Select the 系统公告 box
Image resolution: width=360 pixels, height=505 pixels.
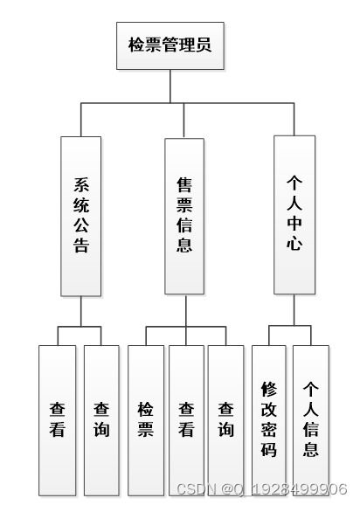81,216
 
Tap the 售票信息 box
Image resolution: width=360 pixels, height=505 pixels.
184,216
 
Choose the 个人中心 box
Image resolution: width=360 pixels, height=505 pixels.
294,214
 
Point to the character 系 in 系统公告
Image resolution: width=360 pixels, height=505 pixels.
81,184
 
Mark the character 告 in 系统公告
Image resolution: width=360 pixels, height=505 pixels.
81,246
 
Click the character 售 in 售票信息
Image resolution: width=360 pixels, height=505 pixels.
184,184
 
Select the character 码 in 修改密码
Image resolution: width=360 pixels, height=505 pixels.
270,451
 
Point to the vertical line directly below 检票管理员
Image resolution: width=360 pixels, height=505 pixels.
170,86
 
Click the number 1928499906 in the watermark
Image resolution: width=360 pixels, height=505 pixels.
299,490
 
